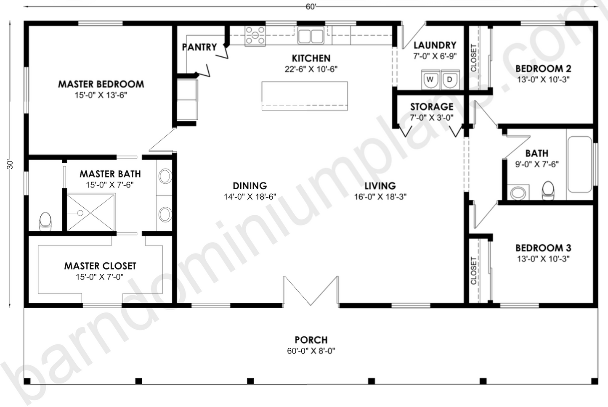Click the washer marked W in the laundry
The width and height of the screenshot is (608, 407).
(430, 80)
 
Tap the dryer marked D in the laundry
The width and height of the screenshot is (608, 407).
(449, 80)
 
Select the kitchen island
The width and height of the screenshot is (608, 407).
(305, 96)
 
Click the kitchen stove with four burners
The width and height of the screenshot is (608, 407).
(255, 35)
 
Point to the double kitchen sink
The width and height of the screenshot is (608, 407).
(311, 35)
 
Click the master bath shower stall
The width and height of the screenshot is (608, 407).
(91, 212)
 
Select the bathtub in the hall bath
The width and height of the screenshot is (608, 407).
(579, 167)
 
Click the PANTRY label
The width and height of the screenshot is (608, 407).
(199, 47)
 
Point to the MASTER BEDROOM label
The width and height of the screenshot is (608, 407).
(101, 84)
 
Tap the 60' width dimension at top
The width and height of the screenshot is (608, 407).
(311, 7)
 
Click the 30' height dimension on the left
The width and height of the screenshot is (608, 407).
(10, 164)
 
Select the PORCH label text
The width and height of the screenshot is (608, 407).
(311, 340)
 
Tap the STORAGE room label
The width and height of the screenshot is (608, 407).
(432, 107)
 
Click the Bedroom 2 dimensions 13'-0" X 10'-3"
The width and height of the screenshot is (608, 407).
(543, 79)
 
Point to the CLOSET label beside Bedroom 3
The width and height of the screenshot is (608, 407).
(474, 270)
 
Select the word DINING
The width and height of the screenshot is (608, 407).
(250, 185)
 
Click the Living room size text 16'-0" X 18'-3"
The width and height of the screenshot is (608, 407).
(380, 196)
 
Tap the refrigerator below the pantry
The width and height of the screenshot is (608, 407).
(187, 100)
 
